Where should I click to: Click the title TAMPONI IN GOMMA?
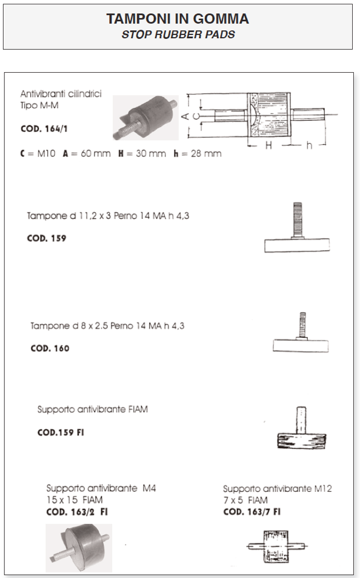[x=178, y=19]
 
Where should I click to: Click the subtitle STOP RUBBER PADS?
[x=178, y=35]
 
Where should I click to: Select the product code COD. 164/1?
[x=44, y=129]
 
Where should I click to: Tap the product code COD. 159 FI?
[x=61, y=432]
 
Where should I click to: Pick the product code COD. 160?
[x=50, y=348]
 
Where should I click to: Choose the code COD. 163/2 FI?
[x=77, y=512]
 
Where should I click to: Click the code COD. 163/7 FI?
[x=252, y=512]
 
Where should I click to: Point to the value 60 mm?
[x=95, y=153]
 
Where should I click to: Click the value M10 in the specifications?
[x=46, y=153]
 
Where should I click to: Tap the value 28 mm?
[x=206, y=153]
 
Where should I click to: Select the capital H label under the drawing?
[x=268, y=146]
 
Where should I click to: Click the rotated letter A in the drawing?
[x=185, y=116]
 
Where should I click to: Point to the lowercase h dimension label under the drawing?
[x=308, y=146]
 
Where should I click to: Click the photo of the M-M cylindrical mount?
[x=145, y=118]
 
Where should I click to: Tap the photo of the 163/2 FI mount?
[x=79, y=548]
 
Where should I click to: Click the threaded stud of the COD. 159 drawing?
[x=298, y=220]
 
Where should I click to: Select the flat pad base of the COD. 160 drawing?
[x=301, y=346]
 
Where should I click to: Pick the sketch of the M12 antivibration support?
[x=276, y=546]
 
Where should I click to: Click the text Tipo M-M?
[x=39, y=106]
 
